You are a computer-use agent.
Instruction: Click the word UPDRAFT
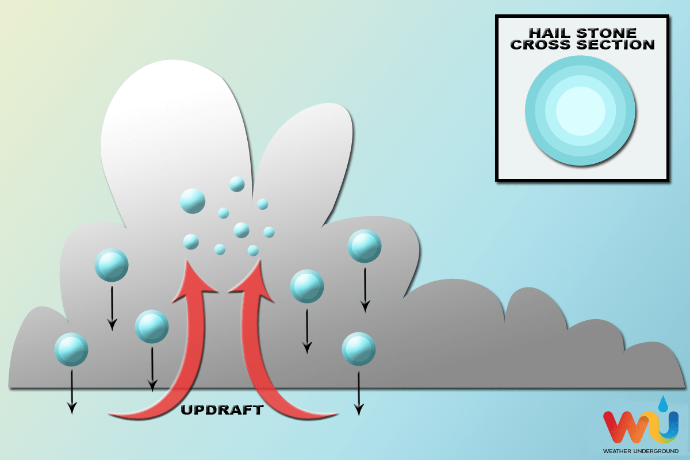click(222, 410)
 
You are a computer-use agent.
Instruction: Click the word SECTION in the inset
click(615, 44)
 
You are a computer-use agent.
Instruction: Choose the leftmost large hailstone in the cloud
click(71, 349)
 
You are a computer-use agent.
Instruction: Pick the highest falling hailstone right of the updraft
click(365, 246)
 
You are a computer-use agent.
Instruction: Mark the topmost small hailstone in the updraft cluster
click(236, 184)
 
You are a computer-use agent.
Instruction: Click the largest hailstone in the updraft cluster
click(193, 201)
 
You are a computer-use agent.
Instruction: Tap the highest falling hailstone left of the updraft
click(112, 265)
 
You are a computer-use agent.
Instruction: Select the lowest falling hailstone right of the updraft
click(359, 349)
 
